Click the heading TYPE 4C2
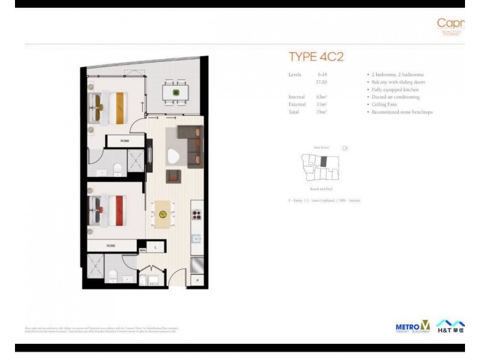coord(316,57)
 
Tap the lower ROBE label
coord(111,245)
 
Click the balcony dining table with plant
coord(176,92)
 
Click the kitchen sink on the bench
coord(196,239)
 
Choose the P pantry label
coord(197,281)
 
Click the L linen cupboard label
coord(155,246)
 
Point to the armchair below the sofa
coord(173,176)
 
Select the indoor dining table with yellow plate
coord(163,214)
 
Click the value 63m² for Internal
coord(321,97)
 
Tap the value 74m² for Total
coord(321,112)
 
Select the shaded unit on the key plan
coord(324,161)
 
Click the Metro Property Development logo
coord(413,326)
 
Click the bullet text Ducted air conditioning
coord(395,97)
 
